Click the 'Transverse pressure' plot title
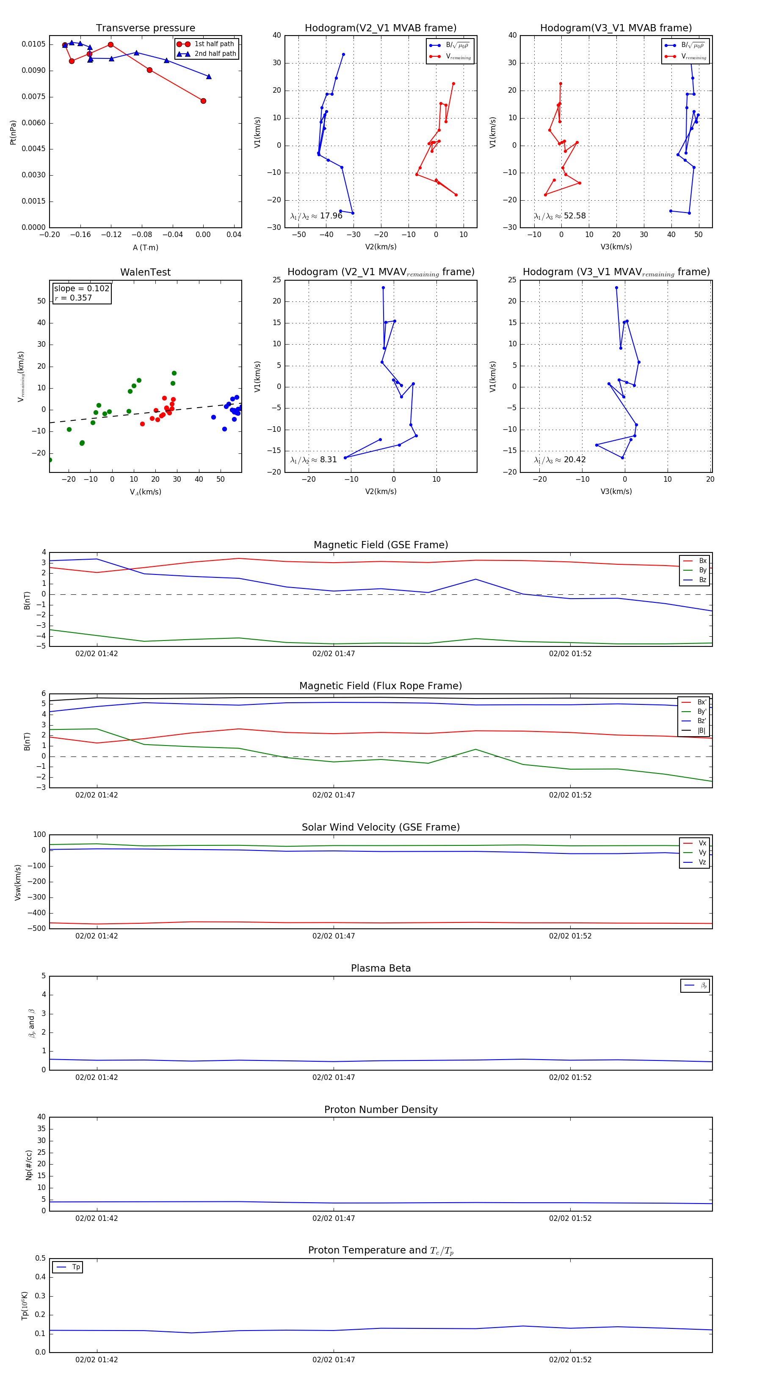(145, 28)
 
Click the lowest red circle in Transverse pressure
(203, 101)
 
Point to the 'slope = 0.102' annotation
(81, 289)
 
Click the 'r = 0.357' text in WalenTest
(73, 298)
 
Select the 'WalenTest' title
(145, 272)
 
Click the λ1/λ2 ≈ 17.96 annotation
(316, 216)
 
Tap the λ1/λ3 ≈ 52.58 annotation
(560, 216)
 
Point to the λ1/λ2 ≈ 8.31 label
(313, 460)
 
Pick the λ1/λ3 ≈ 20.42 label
(560, 460)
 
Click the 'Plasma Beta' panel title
(381, 968)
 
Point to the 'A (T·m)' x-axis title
(145, 247)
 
